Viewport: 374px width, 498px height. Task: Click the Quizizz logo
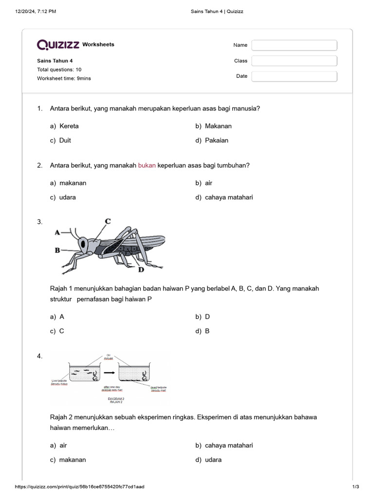pos(58,45)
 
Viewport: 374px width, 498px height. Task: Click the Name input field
pos(294,45)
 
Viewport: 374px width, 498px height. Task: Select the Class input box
pos(294,61)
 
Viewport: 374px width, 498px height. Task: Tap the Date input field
pos(294,76)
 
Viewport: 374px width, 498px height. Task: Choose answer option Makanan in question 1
pos(218,126)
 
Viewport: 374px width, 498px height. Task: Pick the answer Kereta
pos(69,126)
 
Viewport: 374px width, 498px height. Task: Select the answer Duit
pos(65,141)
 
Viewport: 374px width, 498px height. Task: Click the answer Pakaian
pos(216,141)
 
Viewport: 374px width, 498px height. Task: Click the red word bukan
pos(147,165)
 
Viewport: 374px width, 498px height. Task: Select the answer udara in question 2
pos(67,197)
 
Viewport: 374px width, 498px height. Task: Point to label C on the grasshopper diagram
pos(108,221)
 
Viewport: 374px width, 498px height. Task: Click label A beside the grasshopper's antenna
pos(57,232)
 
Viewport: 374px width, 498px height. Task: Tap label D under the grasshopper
pos(141,269)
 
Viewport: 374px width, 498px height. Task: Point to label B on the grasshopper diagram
pos(57,250)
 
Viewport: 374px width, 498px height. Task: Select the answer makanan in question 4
pos(72,460)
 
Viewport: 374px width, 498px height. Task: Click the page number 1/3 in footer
pos(355,487)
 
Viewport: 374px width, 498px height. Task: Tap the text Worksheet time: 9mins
pos(64,78)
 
